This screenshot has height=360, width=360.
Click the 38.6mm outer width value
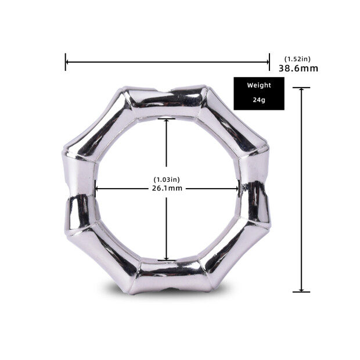click(x=298, y=69)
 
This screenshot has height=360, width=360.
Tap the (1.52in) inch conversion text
click(x=297, y=59)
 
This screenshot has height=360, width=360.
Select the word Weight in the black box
click(x=259, y=85)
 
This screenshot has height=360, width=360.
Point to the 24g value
click(x=259, y=100)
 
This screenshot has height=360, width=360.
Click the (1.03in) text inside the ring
click(x=167, y=179)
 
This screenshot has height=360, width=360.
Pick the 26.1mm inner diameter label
click(x=167, y=188)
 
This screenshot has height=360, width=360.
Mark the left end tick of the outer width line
click(x=66, y=62)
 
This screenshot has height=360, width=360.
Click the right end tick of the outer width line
click(x=269, y=62)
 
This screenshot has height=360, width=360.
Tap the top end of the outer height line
click(x=301, y=88)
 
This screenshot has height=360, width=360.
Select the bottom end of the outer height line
click(x=301, y=291)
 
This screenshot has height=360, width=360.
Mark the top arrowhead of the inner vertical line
click(x=167, y=121)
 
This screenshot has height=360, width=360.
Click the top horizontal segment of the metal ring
click(x=167, y=101)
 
